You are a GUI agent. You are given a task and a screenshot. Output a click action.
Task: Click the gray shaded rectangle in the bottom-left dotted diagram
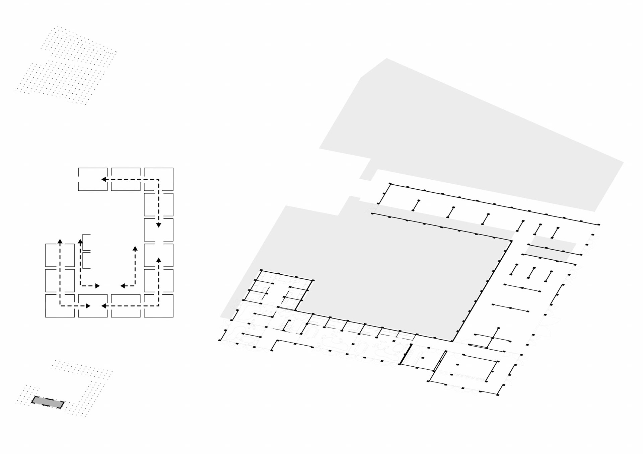[x=48, y=402]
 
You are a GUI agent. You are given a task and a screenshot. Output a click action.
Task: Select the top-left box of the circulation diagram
[x=93, y=179]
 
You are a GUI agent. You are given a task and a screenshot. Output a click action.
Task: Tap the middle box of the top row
[x=126, y=179]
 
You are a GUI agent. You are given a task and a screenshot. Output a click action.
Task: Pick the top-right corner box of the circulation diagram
[x=159, y=179]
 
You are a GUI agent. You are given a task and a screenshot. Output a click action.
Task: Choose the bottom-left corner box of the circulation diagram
[x=60, y=306]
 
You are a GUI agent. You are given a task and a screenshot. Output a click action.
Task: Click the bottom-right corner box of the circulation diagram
[x=159, y=306]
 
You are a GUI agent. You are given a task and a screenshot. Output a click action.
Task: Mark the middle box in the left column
[x=60, y=280]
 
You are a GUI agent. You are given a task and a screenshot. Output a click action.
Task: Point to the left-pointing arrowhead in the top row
[x=104, y=179]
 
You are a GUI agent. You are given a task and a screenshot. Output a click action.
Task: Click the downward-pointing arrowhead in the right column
[x=159, y=225]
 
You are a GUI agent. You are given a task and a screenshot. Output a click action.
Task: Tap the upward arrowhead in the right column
[x=159, y=260]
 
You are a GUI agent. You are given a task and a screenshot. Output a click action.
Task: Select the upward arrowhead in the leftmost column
[x=60, y=241]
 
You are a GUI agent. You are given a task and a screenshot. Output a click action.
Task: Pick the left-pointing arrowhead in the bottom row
[x=104, y=306]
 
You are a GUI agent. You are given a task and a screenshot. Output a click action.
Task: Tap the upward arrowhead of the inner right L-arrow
[x=135, y=249]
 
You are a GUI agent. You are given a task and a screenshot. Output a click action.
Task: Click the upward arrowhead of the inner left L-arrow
[x=80, y=241]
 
